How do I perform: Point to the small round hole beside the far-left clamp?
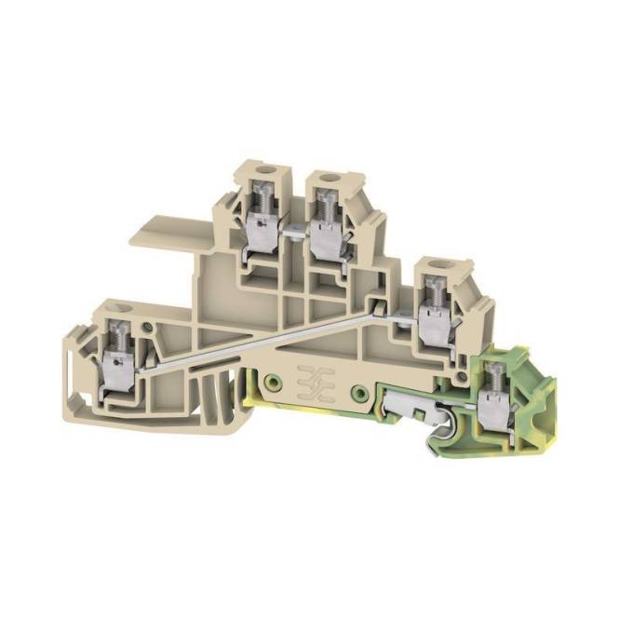(150, 326)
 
